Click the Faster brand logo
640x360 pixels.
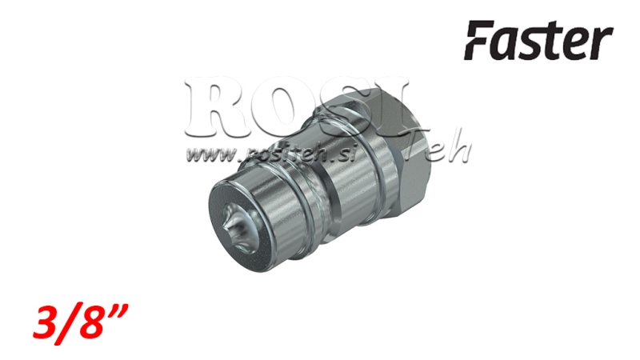[x=540, y=41]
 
